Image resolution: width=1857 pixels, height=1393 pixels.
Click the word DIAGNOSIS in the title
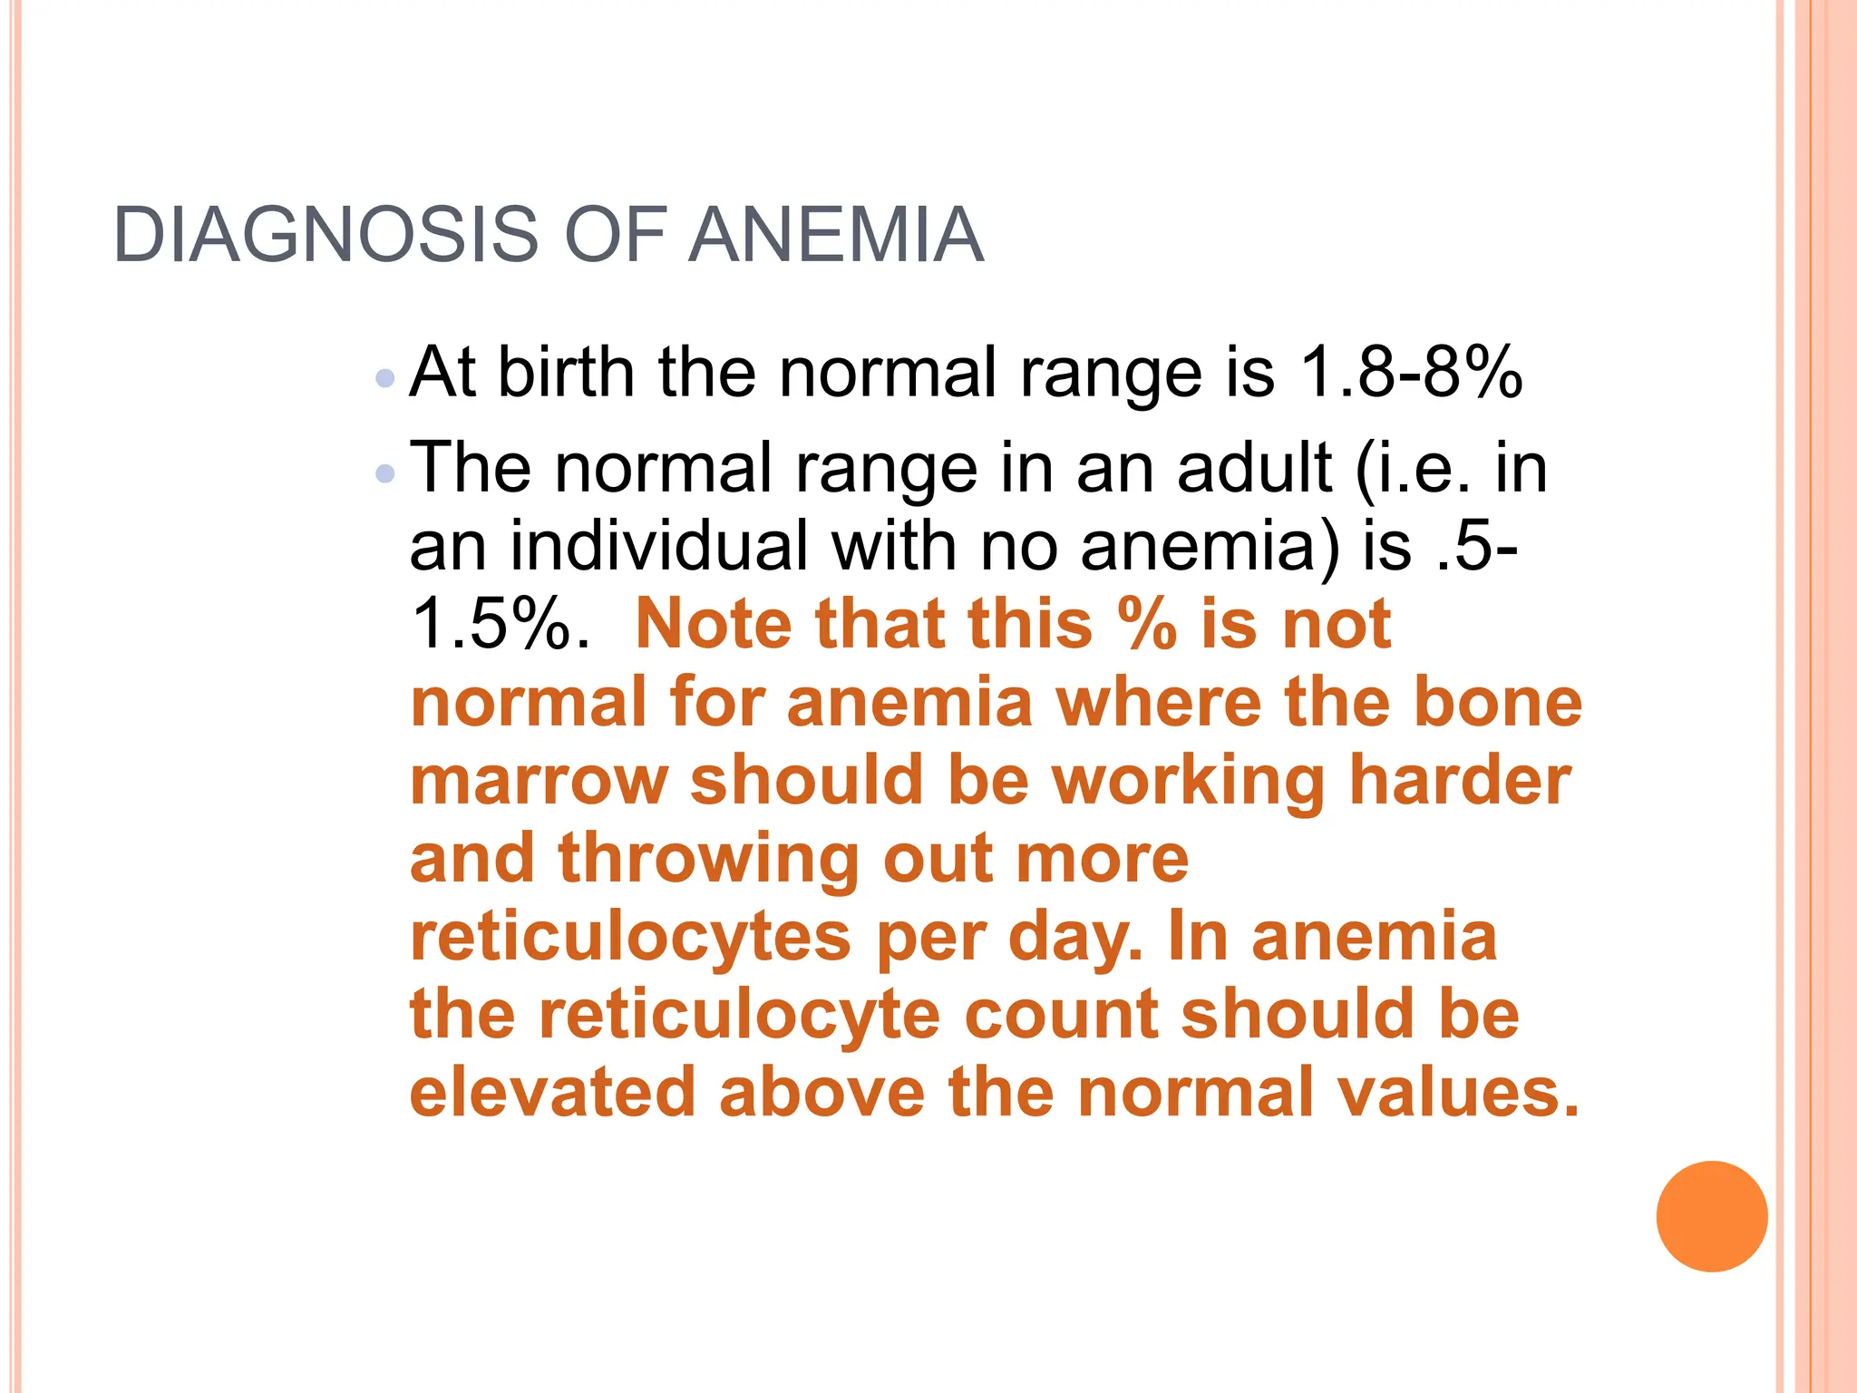click(x=326, y=235)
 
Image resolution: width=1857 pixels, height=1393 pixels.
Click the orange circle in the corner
click(x=1711, y=1216)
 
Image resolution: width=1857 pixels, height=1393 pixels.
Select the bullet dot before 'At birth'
click(x=385, y=377)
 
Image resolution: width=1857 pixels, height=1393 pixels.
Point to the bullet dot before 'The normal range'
click(x=385, y=472)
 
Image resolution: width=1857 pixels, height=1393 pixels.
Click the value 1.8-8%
click(x=1411, y=372)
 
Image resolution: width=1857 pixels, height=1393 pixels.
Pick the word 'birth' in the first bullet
click(x=566, y=372)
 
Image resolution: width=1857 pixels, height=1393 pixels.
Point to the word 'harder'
click(x=1460, y=780)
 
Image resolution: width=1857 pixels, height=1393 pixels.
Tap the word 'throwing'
click(x=708, y=858)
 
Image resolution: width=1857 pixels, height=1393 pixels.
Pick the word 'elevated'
click(x=552, y=1092)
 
